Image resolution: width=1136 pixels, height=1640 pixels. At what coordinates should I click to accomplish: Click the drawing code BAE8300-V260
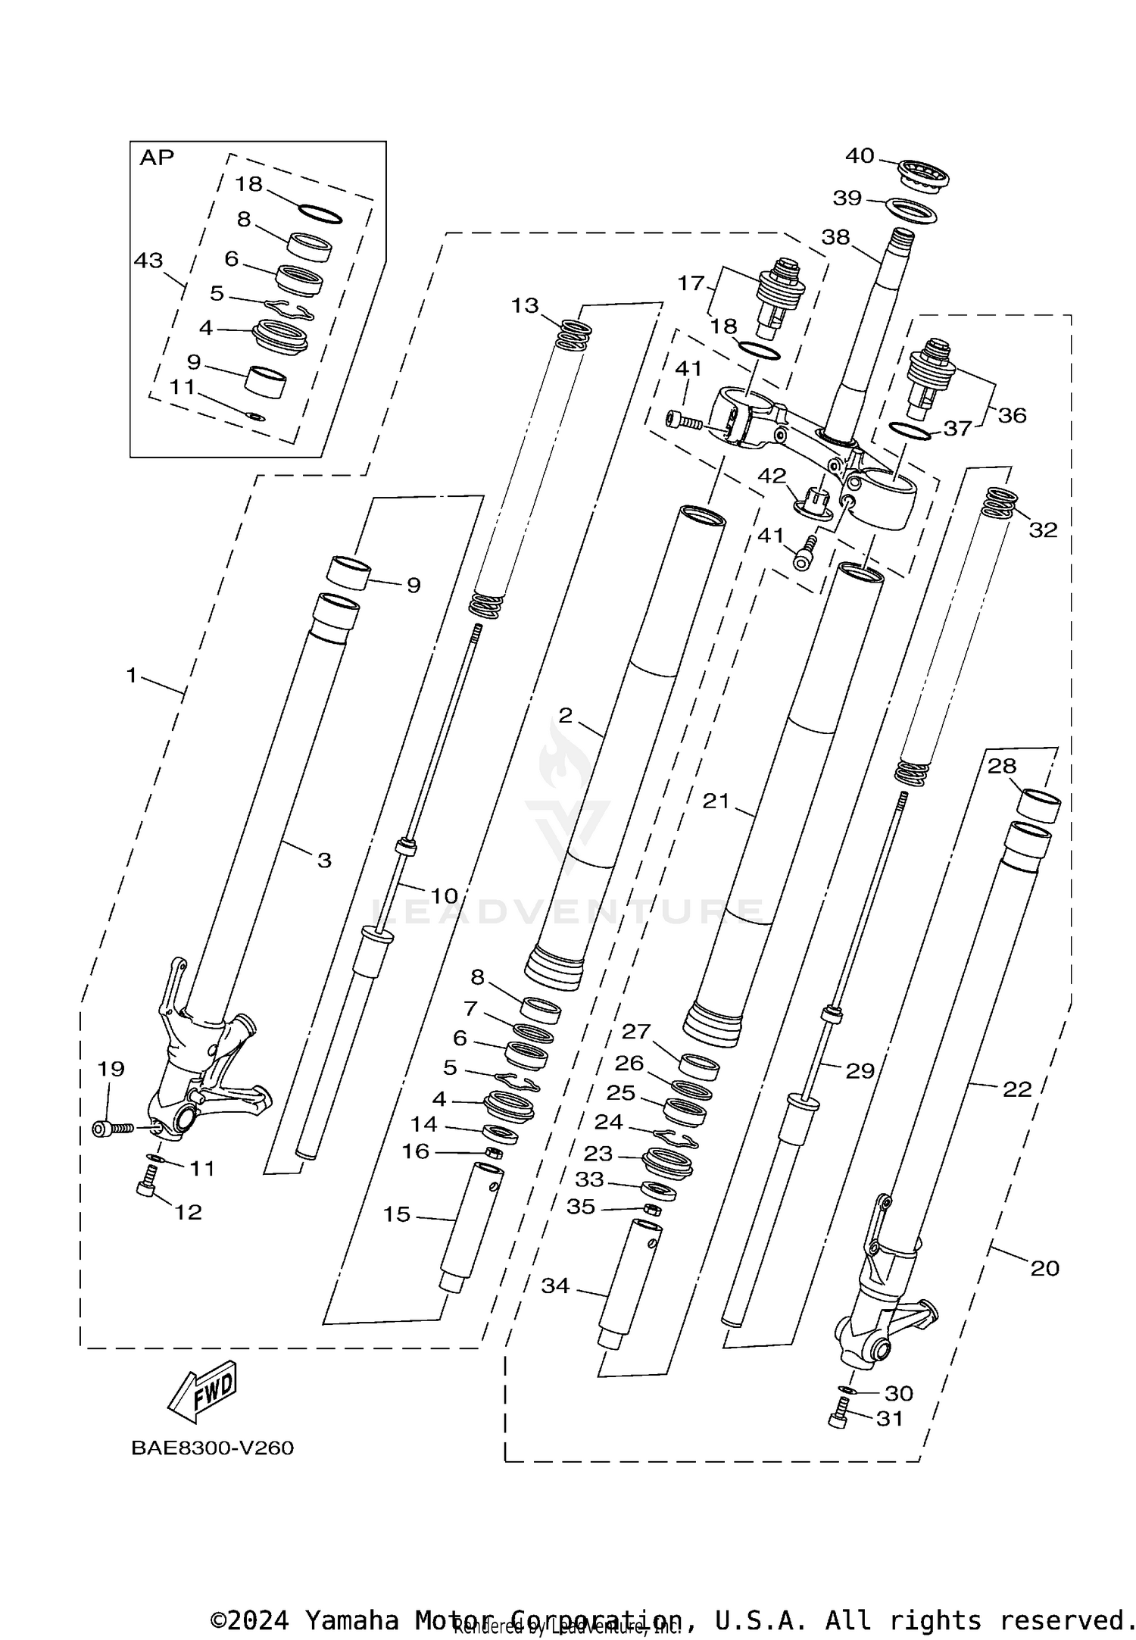[212, 1448]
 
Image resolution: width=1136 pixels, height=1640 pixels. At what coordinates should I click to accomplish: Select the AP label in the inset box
[157, 158]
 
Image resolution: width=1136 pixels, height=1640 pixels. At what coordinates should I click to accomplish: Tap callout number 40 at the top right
[860, 156]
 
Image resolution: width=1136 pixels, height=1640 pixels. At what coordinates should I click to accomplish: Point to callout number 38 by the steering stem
[836, 237]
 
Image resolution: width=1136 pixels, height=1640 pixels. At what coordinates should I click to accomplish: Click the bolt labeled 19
[114, 1129]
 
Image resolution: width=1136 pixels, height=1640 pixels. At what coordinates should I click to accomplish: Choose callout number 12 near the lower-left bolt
[189, 1212]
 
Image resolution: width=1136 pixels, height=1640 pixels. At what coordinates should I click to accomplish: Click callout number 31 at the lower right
[890, 1419]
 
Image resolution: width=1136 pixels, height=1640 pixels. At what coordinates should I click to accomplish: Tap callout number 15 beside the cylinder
[397, 1214]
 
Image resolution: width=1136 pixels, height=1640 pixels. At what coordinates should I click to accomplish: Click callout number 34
[555, 1286]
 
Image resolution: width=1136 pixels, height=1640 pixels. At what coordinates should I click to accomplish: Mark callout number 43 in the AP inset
[148, 261]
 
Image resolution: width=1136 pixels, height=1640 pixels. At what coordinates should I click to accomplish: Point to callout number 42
[772, 476]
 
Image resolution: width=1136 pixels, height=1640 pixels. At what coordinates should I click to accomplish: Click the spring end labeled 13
[575, 334]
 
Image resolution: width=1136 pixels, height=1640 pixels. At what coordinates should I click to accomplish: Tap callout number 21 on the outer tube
[716, 801]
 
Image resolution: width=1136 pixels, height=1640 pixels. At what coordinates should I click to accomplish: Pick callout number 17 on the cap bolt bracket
[691, 283]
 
